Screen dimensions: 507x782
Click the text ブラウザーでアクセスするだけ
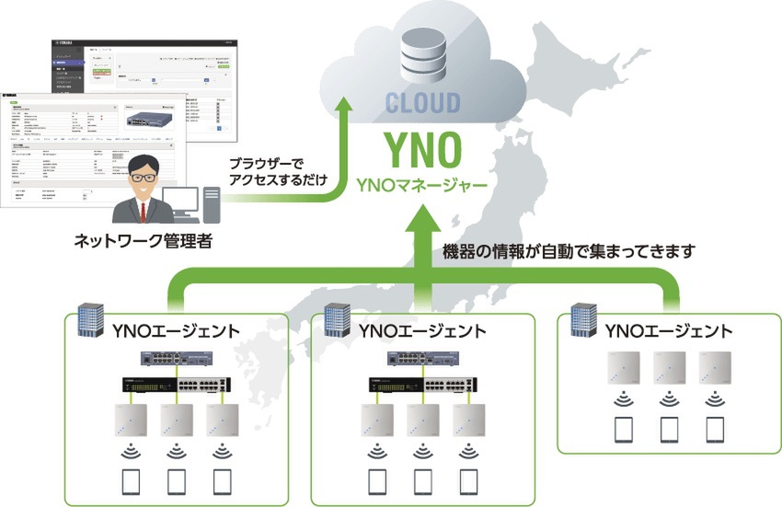click(x=277, y=170)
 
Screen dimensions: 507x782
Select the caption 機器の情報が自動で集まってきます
click(x=568, y=250)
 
